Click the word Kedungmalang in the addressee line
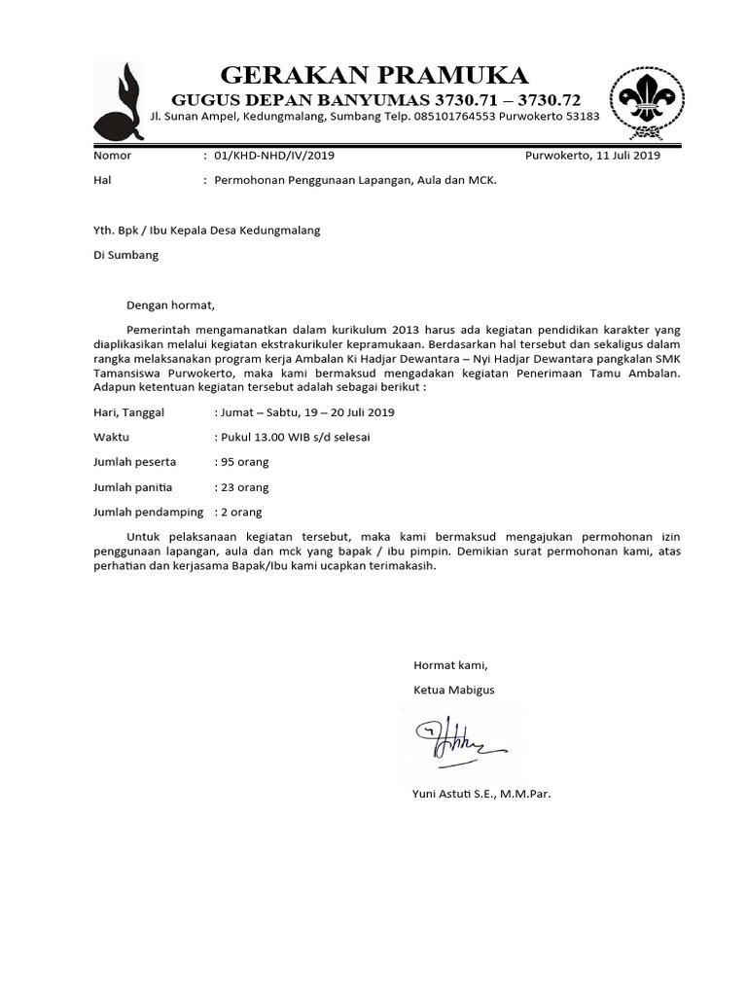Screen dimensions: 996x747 (x=280, y=231)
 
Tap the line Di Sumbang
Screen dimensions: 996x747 (x=124, y=256)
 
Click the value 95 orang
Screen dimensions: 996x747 (x=245, y=462)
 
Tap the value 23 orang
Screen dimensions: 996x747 (x=245, y=487)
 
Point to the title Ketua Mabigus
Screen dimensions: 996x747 (x=454, y=690)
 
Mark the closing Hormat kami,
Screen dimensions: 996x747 (x=449, y=665)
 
